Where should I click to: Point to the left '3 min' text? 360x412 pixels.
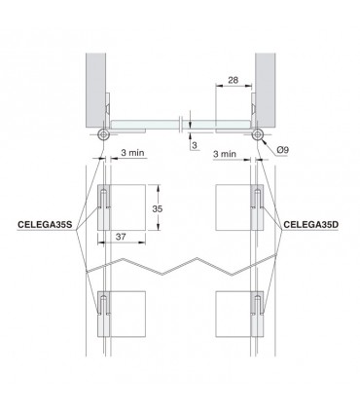coord(135,153)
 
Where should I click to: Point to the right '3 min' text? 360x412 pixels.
coord(226,153)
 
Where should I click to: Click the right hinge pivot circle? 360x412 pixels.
coord(258,134)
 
